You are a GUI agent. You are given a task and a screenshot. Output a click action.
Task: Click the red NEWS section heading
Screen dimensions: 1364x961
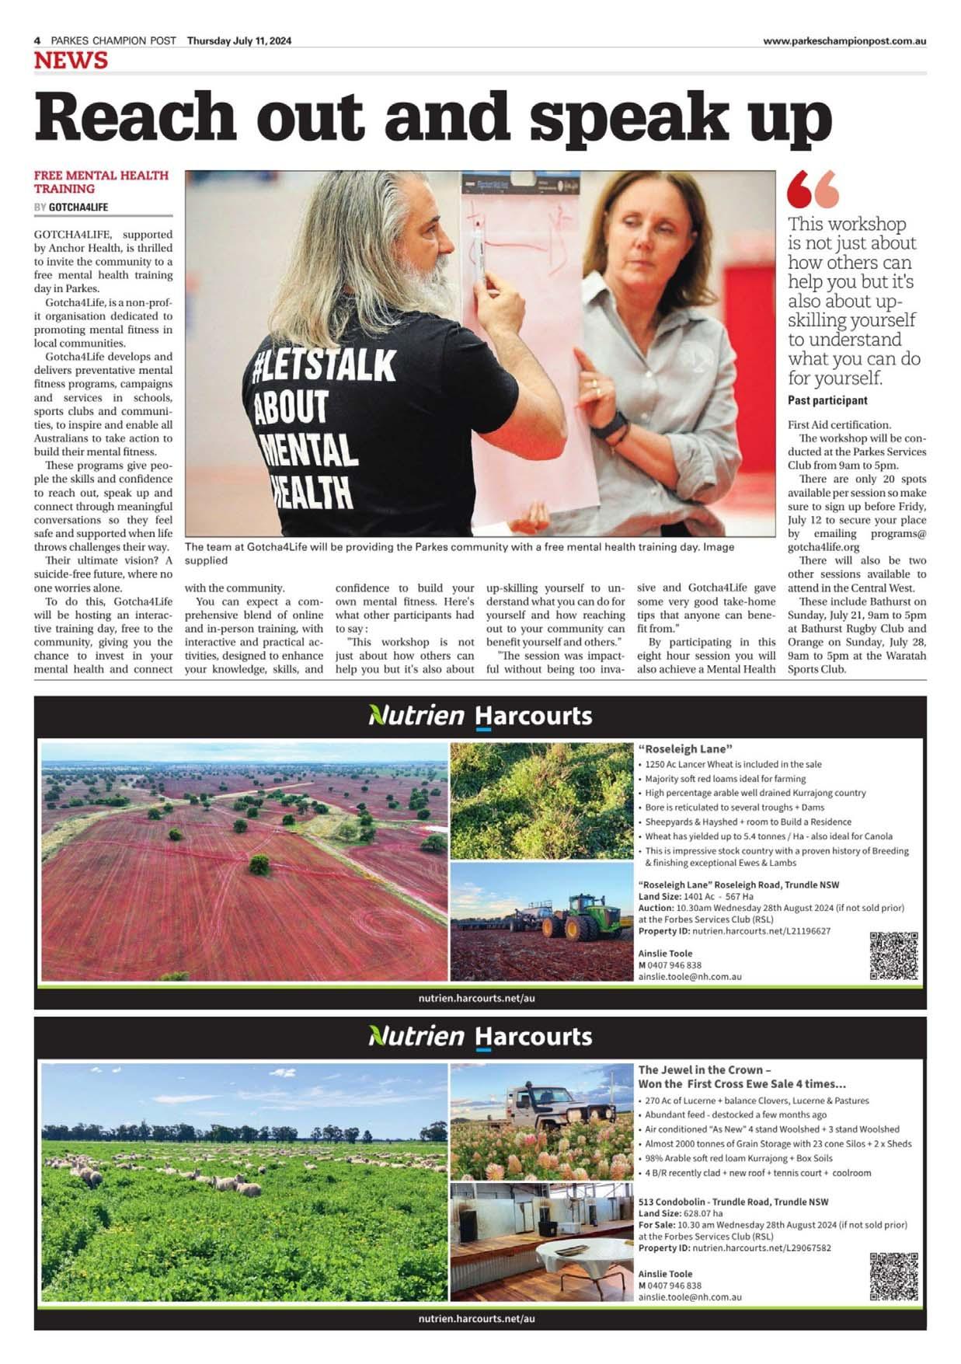coord(71,61)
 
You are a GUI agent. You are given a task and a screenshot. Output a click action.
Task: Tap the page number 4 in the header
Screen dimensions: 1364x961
coord(37,41)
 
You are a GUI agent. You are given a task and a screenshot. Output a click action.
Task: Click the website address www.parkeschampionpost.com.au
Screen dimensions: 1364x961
coord(844,41)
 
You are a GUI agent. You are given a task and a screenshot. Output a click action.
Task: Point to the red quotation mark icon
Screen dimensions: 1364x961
coord(813,189)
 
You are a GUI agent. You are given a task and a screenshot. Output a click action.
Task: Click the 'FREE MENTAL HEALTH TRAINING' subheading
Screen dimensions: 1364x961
coord(101,182)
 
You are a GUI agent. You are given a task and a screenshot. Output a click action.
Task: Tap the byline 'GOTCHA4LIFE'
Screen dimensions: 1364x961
coord(78,208)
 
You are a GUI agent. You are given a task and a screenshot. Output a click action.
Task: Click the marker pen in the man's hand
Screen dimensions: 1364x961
coord(482,257)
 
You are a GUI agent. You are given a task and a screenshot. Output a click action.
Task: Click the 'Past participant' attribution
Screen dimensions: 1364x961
coord(827,400)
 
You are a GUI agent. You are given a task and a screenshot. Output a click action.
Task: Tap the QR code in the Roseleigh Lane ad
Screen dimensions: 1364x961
coord(893,955)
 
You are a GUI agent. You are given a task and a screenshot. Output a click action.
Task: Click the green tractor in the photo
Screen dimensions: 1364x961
coord(575,918)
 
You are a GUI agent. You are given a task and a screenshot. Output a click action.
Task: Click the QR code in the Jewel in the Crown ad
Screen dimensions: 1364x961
coord(893,1276)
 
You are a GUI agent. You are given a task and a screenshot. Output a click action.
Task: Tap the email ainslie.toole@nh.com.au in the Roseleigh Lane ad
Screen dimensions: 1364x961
coord(690,976)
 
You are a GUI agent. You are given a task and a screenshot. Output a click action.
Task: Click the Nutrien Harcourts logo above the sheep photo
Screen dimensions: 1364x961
coord(480,1036)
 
